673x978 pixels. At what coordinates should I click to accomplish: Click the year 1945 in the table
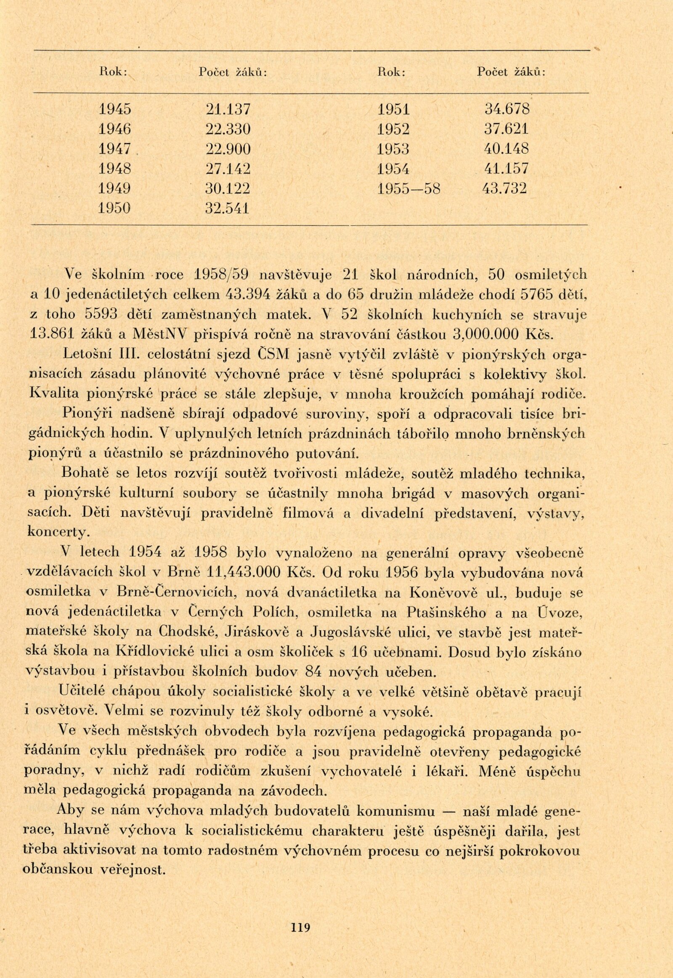tap(114, 109)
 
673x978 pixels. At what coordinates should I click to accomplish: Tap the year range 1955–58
tap(408, 188)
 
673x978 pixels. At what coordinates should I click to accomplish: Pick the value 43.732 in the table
tap(504, 188)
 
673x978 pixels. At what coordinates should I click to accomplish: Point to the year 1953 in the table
tap(393, 149)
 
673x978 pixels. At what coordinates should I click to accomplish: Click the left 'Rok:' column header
tap(113, 72)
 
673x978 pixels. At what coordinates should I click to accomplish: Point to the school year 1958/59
tap(223, 275)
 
